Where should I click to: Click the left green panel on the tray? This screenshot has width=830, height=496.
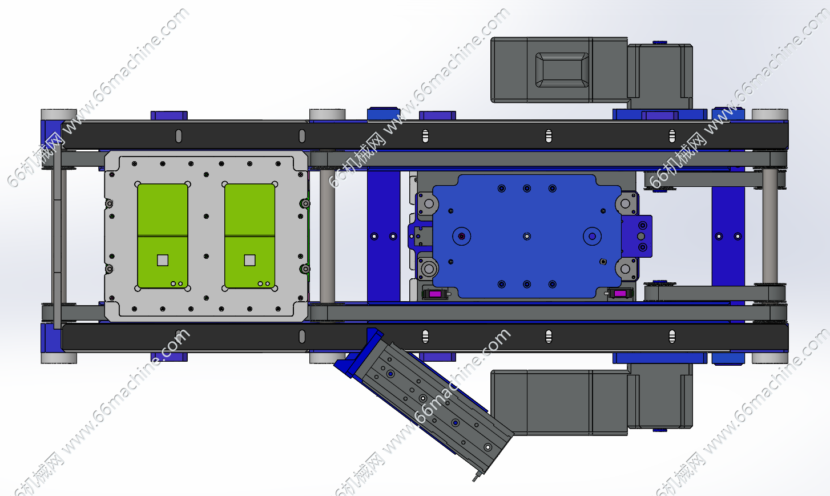point(162,236)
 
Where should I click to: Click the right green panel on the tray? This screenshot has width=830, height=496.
point(249,236)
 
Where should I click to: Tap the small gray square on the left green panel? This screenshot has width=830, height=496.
point(163,260)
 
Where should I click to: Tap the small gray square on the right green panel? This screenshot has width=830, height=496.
point(249,260)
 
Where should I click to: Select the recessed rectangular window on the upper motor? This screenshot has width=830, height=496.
point(562,70)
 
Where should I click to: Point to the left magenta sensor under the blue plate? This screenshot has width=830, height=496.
point(434,294)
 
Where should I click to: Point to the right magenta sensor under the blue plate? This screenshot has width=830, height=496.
point(620,294)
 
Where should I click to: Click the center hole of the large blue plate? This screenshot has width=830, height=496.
point(527,237)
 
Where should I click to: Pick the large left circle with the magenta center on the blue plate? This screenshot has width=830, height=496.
point(462,237)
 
